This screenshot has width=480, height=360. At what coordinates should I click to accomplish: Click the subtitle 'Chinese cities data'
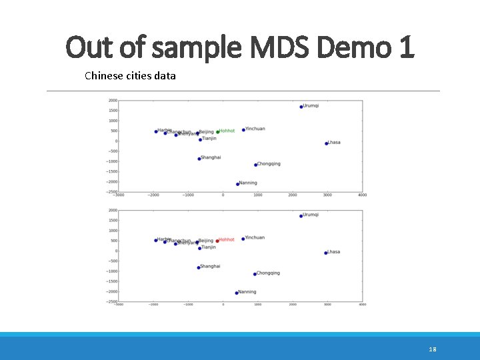pyautogui.click(x=131, y=76)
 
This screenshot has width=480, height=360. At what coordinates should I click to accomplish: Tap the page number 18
pyautogui.click(x=433, y=349)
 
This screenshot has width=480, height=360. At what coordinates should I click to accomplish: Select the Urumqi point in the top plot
pyautogui.click(x=301, y=107)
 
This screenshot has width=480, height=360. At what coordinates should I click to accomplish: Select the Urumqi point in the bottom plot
pyautogui.click(x=301, y=215)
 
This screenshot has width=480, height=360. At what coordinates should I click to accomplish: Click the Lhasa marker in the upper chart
pyautogui.click(x=326, y=143)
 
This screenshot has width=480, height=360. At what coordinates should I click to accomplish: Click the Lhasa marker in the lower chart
pyautogui.click(x=326, y=253)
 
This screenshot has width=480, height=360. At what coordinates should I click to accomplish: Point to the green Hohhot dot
pyautogui.click(x=217, y=132)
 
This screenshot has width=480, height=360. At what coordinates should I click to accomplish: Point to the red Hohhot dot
pyautogui.click(x=217, y=241)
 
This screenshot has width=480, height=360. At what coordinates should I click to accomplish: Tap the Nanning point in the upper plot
pyautogui.click(x=237, y=184)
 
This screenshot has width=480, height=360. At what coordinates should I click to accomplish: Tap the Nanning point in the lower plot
pyautogui.click(x=237, y=293)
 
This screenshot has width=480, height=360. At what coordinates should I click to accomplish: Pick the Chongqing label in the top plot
pyautogui.click(x=269, y=164)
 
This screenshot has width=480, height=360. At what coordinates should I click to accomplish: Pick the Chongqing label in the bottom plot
pyautogui.click(x=268, y=273)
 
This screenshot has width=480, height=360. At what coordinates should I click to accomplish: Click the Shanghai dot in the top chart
pyautogui.click(x=199, y=159)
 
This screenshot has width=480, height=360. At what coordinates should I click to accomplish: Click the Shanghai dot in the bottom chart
pyautogui.click(x=199, y=268)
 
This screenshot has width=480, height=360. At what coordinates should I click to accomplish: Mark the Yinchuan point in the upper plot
pyautogui.click(x=243, y=130)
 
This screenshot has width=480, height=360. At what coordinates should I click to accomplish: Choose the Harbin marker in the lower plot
pyautogui.click(x=156, y=241)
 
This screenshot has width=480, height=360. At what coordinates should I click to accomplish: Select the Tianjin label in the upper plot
pyautogui.click(x=209, y=139)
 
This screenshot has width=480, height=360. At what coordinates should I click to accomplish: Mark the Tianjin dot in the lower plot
pyautogui.click(x=199, y=248)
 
